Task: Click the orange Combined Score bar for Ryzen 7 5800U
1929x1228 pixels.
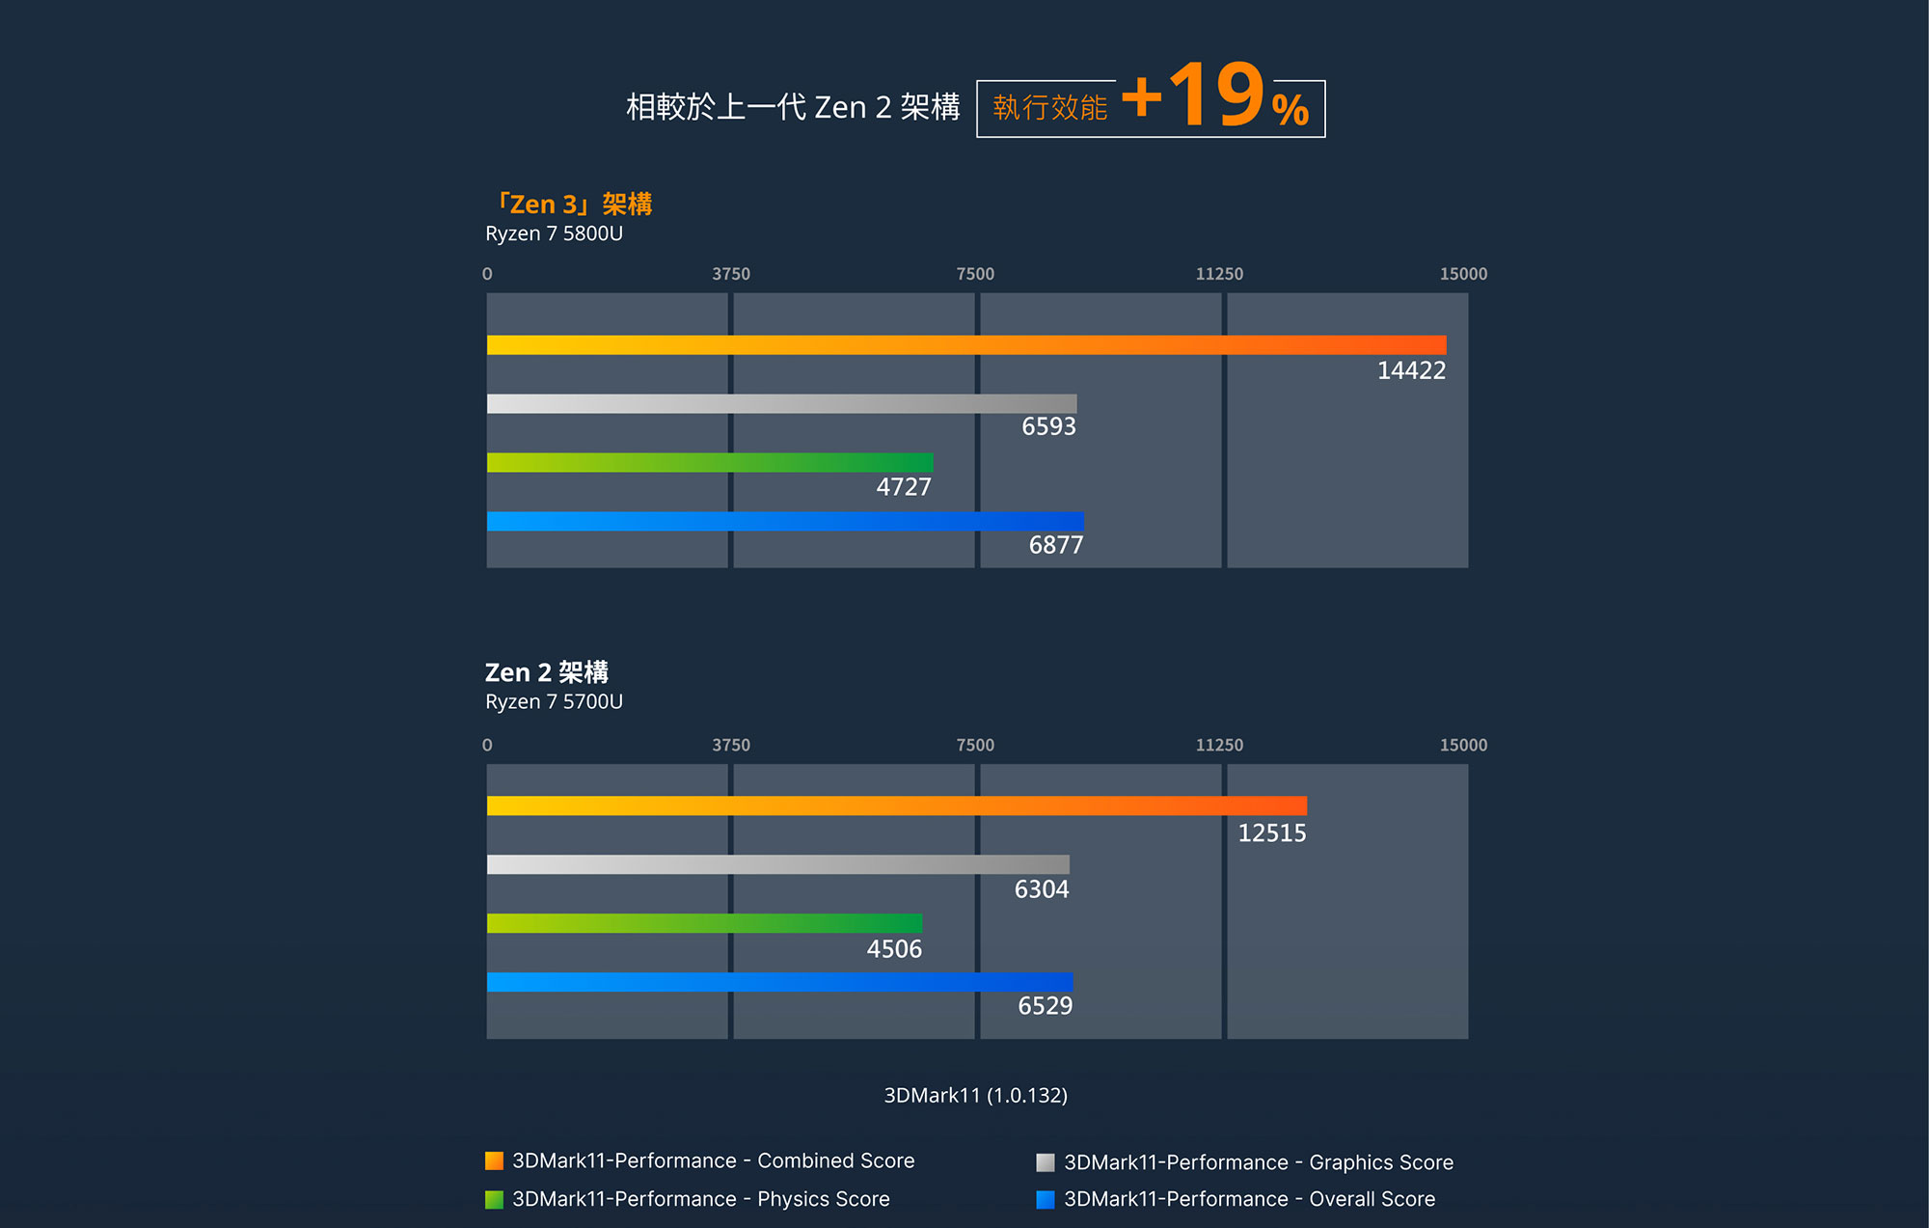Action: click(965, 345)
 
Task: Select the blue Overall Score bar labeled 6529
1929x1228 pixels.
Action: click(779, 982)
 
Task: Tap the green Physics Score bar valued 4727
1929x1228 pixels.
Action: click(709, 463)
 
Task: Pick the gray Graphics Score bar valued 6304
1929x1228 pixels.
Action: click(777, 864)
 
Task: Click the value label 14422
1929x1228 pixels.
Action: click(1411, 371)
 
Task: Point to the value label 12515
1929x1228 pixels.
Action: click(1271, 833)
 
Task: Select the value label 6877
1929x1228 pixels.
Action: click(1055, 546)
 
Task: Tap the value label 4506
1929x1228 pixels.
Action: click(894, 949)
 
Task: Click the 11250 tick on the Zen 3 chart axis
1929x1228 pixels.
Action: click(1219, 274)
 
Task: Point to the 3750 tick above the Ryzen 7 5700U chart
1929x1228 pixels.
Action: click(731, 745)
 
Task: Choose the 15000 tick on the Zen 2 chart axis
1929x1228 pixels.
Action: click(1463, 745)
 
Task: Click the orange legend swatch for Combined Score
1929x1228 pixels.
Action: click(494, 1161)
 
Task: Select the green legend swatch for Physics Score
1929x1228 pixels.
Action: click(494, 1200)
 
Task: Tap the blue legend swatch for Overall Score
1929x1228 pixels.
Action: click(1046, 1200)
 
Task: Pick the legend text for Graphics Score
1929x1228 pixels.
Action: click(1258, 1162)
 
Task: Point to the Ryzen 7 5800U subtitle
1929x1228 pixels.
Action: click(554, 233)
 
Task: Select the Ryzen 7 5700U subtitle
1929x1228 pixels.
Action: click(554, 701)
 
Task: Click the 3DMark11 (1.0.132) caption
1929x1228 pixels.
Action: click(975, 1095)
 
